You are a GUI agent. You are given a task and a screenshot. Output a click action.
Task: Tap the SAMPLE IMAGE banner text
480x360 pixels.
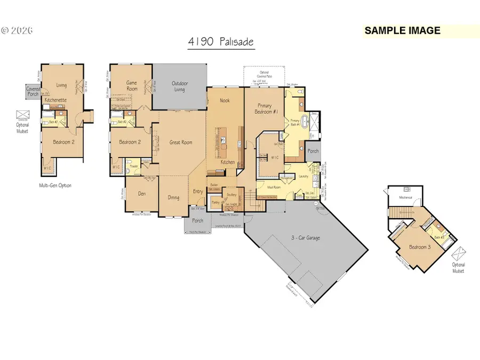point(402,30)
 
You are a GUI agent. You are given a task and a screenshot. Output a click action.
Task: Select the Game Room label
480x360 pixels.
point(132,85)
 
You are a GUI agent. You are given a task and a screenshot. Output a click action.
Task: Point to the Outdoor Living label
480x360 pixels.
point(179,86)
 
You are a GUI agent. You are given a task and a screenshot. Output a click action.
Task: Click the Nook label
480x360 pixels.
point(225,100)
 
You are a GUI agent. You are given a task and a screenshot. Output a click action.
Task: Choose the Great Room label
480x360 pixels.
point(180,142)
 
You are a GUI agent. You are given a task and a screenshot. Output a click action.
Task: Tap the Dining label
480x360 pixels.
point(174,197)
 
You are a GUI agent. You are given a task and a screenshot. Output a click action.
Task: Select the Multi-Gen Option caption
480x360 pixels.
point(54,185)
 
